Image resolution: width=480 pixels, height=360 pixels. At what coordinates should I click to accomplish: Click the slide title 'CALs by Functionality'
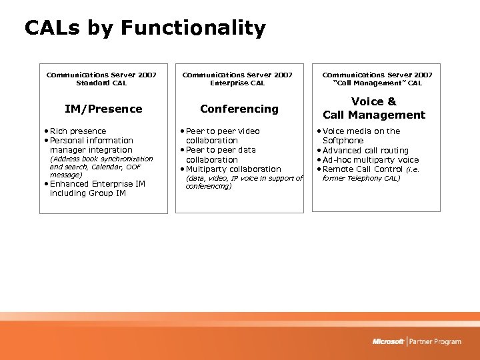pyautogui.click(x=145, y=28)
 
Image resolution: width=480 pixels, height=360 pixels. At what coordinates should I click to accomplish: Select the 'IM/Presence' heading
pyautogui.click(x=103, y=109)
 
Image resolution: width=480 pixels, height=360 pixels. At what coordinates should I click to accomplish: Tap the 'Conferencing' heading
pyautogui.click(x=239, y=109)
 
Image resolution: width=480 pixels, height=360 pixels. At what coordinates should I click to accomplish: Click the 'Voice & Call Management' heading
pyautogui.click(x=373, y=108)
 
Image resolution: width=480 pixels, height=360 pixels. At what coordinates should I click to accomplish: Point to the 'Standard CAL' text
pyautogui.click(x=101, y=83)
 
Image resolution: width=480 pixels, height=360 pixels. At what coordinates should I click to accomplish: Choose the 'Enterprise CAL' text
pyautogui.click(x=237, y=83)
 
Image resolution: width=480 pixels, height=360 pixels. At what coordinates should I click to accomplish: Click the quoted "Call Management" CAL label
pyautogui.click(x=377, y=83)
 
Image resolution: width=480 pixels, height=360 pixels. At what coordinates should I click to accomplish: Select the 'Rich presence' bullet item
pyautogui.click(x=78, y=131)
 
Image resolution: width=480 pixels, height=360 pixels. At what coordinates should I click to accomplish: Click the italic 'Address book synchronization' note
pyautogui.click(x=101, y=159)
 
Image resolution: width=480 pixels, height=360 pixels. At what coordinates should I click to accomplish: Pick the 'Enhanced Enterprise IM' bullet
pyautogui.click(x=97, y=189)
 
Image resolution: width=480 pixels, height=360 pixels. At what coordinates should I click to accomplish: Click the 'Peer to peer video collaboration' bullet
pyautogui.click(x=223, y=136)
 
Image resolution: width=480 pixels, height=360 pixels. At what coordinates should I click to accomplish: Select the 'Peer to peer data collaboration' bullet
pyautogui.click(x=221, y=155)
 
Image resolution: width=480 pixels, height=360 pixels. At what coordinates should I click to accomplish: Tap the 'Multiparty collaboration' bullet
pyautogui.click(x=233, y=169)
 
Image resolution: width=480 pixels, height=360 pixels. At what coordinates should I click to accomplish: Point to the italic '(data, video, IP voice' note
pyautogui.click(x=244, y=179)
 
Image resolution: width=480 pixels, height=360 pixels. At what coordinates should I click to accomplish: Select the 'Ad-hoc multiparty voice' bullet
pyautogui.click(x=371, y=160)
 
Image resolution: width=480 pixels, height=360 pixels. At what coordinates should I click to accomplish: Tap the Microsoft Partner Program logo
pyautogui.click(x=417, y=341)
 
